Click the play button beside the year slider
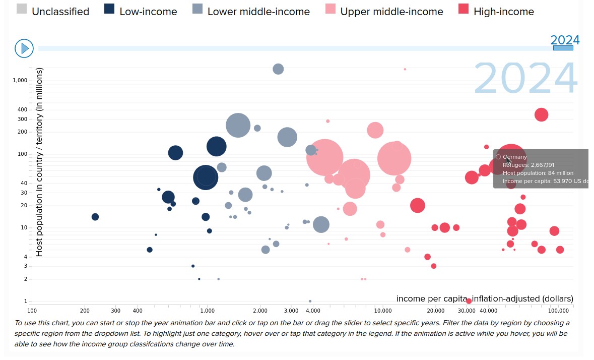point(24,48)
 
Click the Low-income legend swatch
point(109,10)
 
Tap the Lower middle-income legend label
point(258,12)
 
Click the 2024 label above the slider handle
point(565,40)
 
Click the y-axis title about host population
point(39,162)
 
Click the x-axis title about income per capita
point(485,298)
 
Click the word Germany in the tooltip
point(515,157)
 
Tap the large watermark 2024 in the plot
point(525,79)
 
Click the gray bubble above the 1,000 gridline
point(278,69)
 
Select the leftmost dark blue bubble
point(95,217)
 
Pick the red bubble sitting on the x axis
point(469,301)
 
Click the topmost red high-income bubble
point(541,115)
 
